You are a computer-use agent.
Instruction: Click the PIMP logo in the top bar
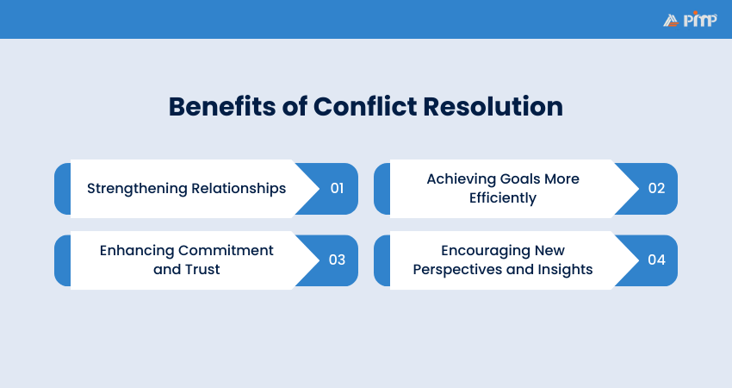point(690,19)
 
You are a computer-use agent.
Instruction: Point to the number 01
point(337,188)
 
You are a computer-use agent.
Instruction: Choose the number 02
point(656,188)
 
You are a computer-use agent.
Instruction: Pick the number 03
point(337,260)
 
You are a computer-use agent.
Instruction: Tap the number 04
point(656,260)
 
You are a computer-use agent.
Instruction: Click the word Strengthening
point(137,188)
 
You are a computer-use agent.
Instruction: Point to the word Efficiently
point(503,198)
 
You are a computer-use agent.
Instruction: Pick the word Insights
point(564,269)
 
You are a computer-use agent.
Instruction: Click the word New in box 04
point(549,250)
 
